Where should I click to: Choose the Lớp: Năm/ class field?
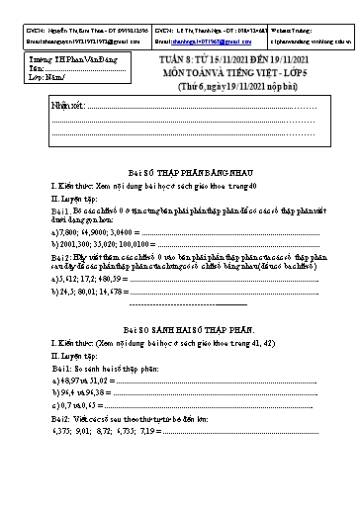pyautogui.click(x=50, y=77)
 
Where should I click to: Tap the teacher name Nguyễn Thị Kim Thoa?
pyautogui.click(x=79, y=32)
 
